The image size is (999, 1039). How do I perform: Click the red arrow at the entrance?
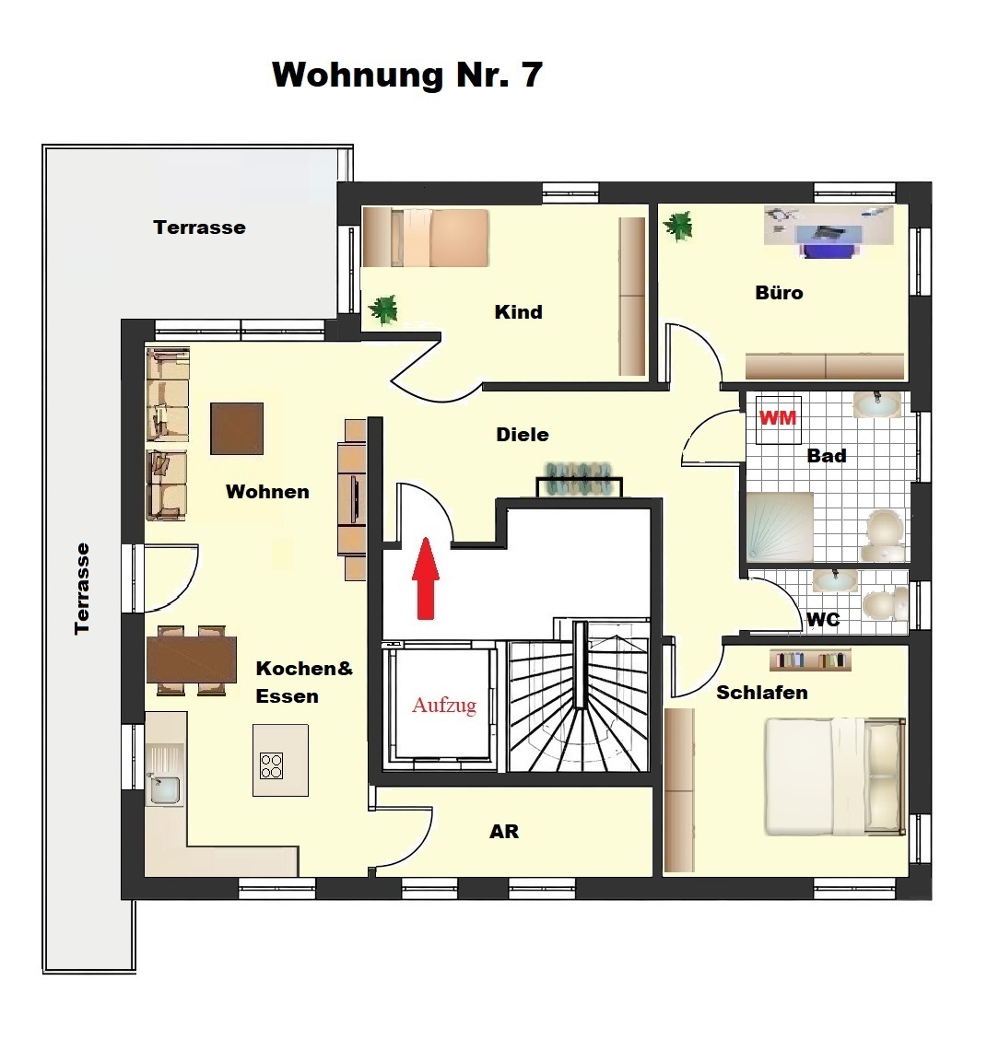pos(426,578)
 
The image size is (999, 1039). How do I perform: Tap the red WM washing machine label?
pos(778,418)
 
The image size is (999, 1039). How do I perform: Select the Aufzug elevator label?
pos(444,705)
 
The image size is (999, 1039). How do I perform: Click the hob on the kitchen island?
pos(272,766)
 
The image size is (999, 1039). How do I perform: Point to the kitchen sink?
pos(164,788)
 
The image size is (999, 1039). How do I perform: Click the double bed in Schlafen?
pos(835,776)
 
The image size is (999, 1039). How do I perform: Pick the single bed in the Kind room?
pos(426,238)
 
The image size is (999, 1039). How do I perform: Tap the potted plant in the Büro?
pos(678,226)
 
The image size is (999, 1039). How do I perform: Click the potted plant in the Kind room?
pos(383,309)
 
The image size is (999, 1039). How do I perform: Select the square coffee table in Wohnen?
pos(237,428)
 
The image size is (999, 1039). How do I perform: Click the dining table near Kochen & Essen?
pos(192,660)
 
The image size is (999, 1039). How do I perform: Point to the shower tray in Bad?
pos(780,528)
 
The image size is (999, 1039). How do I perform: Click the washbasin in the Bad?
pos(877,404)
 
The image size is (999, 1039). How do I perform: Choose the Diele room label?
pos(523,435)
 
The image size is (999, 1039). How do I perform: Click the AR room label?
pos(504,832)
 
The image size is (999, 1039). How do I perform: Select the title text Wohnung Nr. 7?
pos(407,75)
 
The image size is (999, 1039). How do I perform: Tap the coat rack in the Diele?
pos(580,478)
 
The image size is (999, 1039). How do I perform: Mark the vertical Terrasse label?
pos(82,590)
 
